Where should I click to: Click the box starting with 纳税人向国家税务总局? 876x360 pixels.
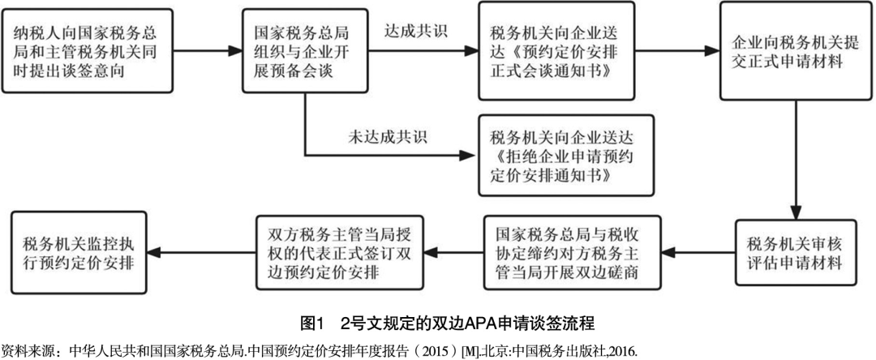coord(87,50)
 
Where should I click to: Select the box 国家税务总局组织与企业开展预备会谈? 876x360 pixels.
coord(305,50)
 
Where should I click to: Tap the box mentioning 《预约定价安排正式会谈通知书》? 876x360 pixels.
coord(556,50)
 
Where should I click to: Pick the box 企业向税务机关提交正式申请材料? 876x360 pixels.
coord(796,51)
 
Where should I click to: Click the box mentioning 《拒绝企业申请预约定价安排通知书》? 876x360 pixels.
coord(565,155)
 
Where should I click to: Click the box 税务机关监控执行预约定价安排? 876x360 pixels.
coord(79,253)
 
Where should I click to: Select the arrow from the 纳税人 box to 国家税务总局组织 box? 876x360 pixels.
coord(208,51)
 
